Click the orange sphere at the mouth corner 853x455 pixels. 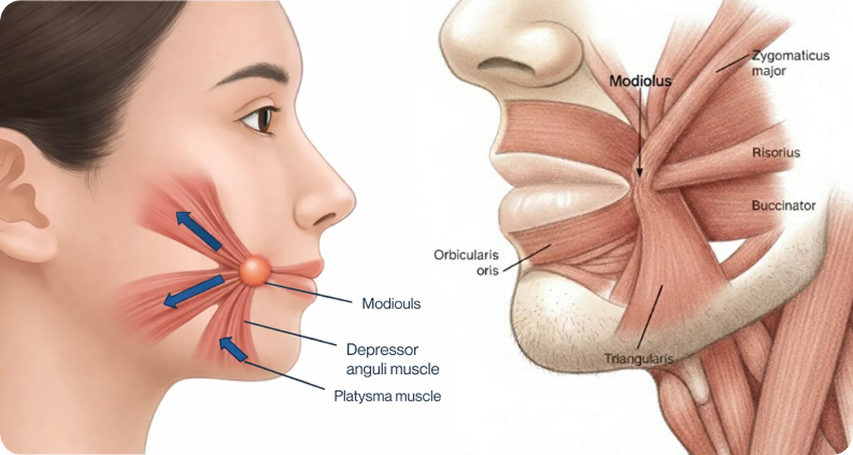[255, 271]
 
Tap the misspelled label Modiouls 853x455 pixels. [391, 304]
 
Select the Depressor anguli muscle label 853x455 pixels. [393, 359]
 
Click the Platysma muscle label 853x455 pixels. [387, 396]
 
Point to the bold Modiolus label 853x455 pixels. [640, 81]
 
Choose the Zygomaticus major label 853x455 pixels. [790, 63]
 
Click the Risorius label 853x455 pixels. [776, 153]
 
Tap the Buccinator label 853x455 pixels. [784, 205]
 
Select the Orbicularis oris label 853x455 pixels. [466, 262]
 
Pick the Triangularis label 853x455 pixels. [639, 359]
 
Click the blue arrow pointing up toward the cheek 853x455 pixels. [199, 231]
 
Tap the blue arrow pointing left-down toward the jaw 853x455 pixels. [194, 292]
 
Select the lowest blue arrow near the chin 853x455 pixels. [233, 349]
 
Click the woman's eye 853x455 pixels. [259, 119]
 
